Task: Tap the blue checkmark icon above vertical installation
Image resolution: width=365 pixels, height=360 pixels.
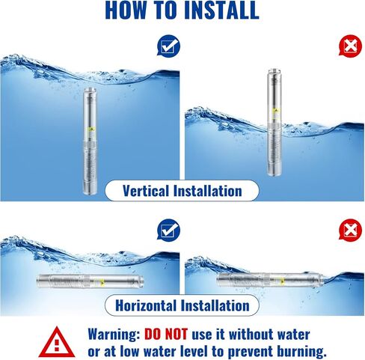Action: [168, 46]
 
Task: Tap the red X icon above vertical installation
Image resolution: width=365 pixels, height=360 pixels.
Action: [350, 46]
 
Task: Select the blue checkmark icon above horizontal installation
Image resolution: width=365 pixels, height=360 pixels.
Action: [168, 230]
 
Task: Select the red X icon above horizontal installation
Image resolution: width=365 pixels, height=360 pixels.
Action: [350, 230]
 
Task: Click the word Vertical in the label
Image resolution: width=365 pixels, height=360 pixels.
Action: [146, 191]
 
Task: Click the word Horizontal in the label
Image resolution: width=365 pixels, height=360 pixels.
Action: [146, 305]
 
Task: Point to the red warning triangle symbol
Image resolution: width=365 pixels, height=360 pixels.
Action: [57, 342]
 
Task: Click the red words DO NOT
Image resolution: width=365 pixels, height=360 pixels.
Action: [166, 334]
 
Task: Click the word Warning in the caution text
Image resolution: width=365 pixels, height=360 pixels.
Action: [114, 335]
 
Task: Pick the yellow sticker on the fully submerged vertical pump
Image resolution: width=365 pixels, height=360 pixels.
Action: [91, 129]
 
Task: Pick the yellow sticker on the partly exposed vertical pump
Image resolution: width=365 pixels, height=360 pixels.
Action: [276, 111]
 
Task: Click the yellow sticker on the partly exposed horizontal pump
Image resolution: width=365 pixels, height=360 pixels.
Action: [282, 282]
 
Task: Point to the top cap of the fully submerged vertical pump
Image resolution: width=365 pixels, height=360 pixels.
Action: [90, 90]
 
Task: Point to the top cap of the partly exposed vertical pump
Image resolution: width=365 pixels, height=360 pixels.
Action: [274, 70]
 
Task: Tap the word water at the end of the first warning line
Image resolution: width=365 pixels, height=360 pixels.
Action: [294, 335]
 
